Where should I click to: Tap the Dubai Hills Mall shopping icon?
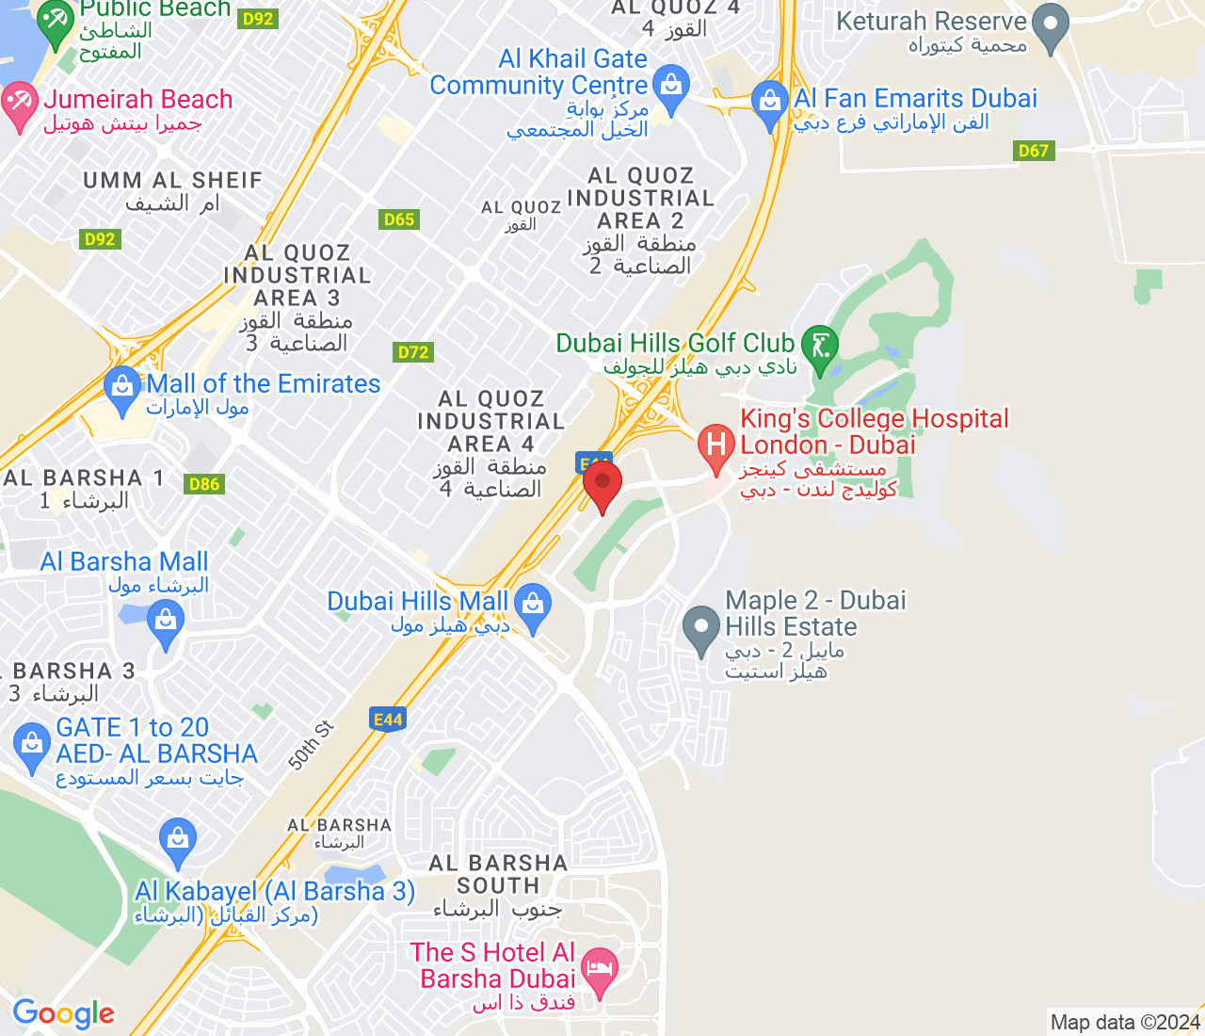pyautogui.click(x=534, y=605)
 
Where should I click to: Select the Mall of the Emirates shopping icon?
pyautogui.click(x=122, y=388)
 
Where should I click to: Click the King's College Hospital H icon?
pyautogui.click(x=716, y=444)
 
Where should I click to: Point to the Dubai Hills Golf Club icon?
pyautogui.click(x=819, y=346)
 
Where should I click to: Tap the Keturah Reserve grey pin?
pyautogui.click(x=1051, y=24)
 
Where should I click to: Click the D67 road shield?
pyautogui.click(x=1033, y=151)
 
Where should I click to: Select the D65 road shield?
pyautogui.click(x=399, y=219)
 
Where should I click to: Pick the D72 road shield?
pyautogui.click(x=413, y=352)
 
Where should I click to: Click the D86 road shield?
pyautogui.click(x=204, y=484)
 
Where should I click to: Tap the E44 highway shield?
pyautogui.click(x=388, y=720)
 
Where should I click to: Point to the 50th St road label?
pyautogui.click(x=311, y=745)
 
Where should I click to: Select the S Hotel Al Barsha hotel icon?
pyautogui.click(x=600, y=968)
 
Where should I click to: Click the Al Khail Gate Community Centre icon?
pyautogui.click(x=670, y=86)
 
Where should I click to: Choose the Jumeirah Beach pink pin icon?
pyautogui.click(x=19, y=104)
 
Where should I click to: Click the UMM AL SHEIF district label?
pyautogui.click(x=172, y=181)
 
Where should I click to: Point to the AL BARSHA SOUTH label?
pyautogui.click(x=498, y=874)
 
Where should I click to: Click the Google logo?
pyautogui.click(x=63, y=1013)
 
